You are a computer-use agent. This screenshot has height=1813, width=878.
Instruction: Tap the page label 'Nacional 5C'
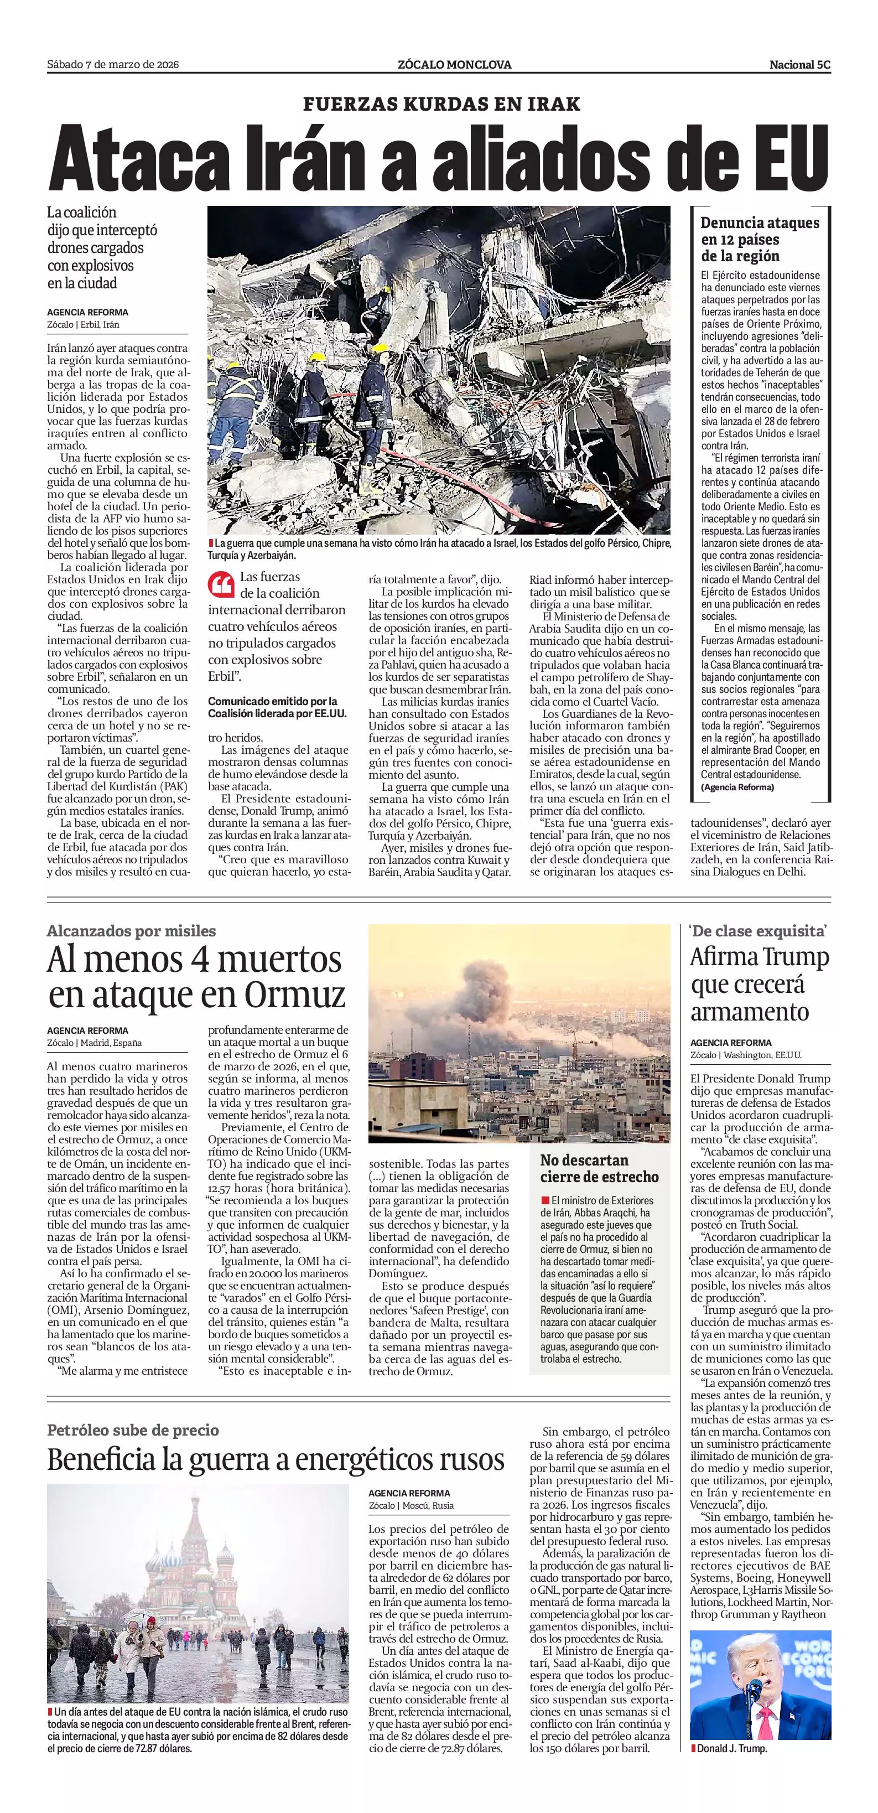click(800, 65)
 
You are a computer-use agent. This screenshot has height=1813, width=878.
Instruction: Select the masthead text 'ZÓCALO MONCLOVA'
click(454, 65)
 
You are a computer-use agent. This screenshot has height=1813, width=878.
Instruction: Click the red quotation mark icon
click(221, 584)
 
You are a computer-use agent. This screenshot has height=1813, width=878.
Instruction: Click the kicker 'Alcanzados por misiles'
click(132, 930)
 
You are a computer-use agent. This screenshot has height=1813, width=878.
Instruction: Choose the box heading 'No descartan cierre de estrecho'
click(599, 1168)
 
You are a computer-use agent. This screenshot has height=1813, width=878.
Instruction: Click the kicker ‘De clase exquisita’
click(758, 930)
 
